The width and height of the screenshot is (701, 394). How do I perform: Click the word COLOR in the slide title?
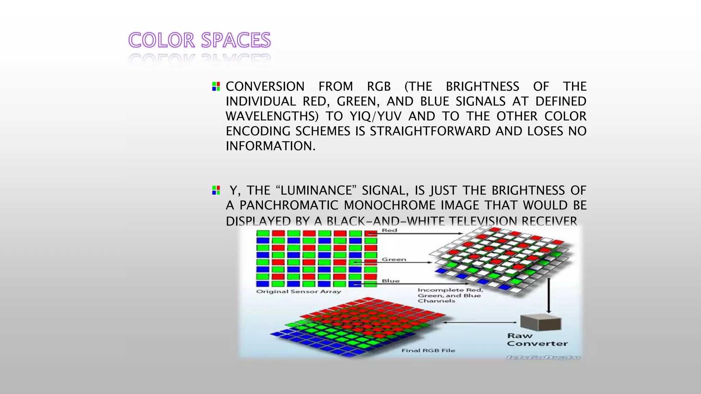tap(162, 40)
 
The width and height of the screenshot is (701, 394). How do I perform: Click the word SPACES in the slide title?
tap(236, 40)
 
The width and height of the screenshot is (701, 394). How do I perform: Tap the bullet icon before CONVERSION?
tap(216, 86)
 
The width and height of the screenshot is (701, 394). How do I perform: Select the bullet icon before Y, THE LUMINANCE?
tap(216, 190)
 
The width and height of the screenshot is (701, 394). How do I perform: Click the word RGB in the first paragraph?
tap(379, 87)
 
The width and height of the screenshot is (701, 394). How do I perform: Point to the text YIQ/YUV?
tap(375, 116)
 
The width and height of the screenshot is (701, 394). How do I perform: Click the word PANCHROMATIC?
tap(289, 206)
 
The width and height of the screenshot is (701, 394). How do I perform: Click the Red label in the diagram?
tap(390, 231)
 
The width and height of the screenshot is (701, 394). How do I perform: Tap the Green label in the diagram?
tap(394, 260)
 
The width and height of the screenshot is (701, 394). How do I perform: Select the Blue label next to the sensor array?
tap(391, 281)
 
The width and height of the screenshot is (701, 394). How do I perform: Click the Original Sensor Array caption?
tap(298, 292)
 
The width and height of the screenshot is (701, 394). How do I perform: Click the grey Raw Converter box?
tap(540, 322)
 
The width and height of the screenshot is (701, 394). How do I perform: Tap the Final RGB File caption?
tap(428, 351)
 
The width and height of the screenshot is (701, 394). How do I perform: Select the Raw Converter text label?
tap(537, 340)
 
